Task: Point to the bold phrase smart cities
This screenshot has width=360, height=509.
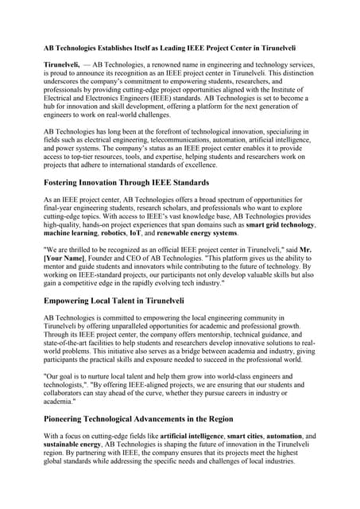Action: click(x=246, y=437)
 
